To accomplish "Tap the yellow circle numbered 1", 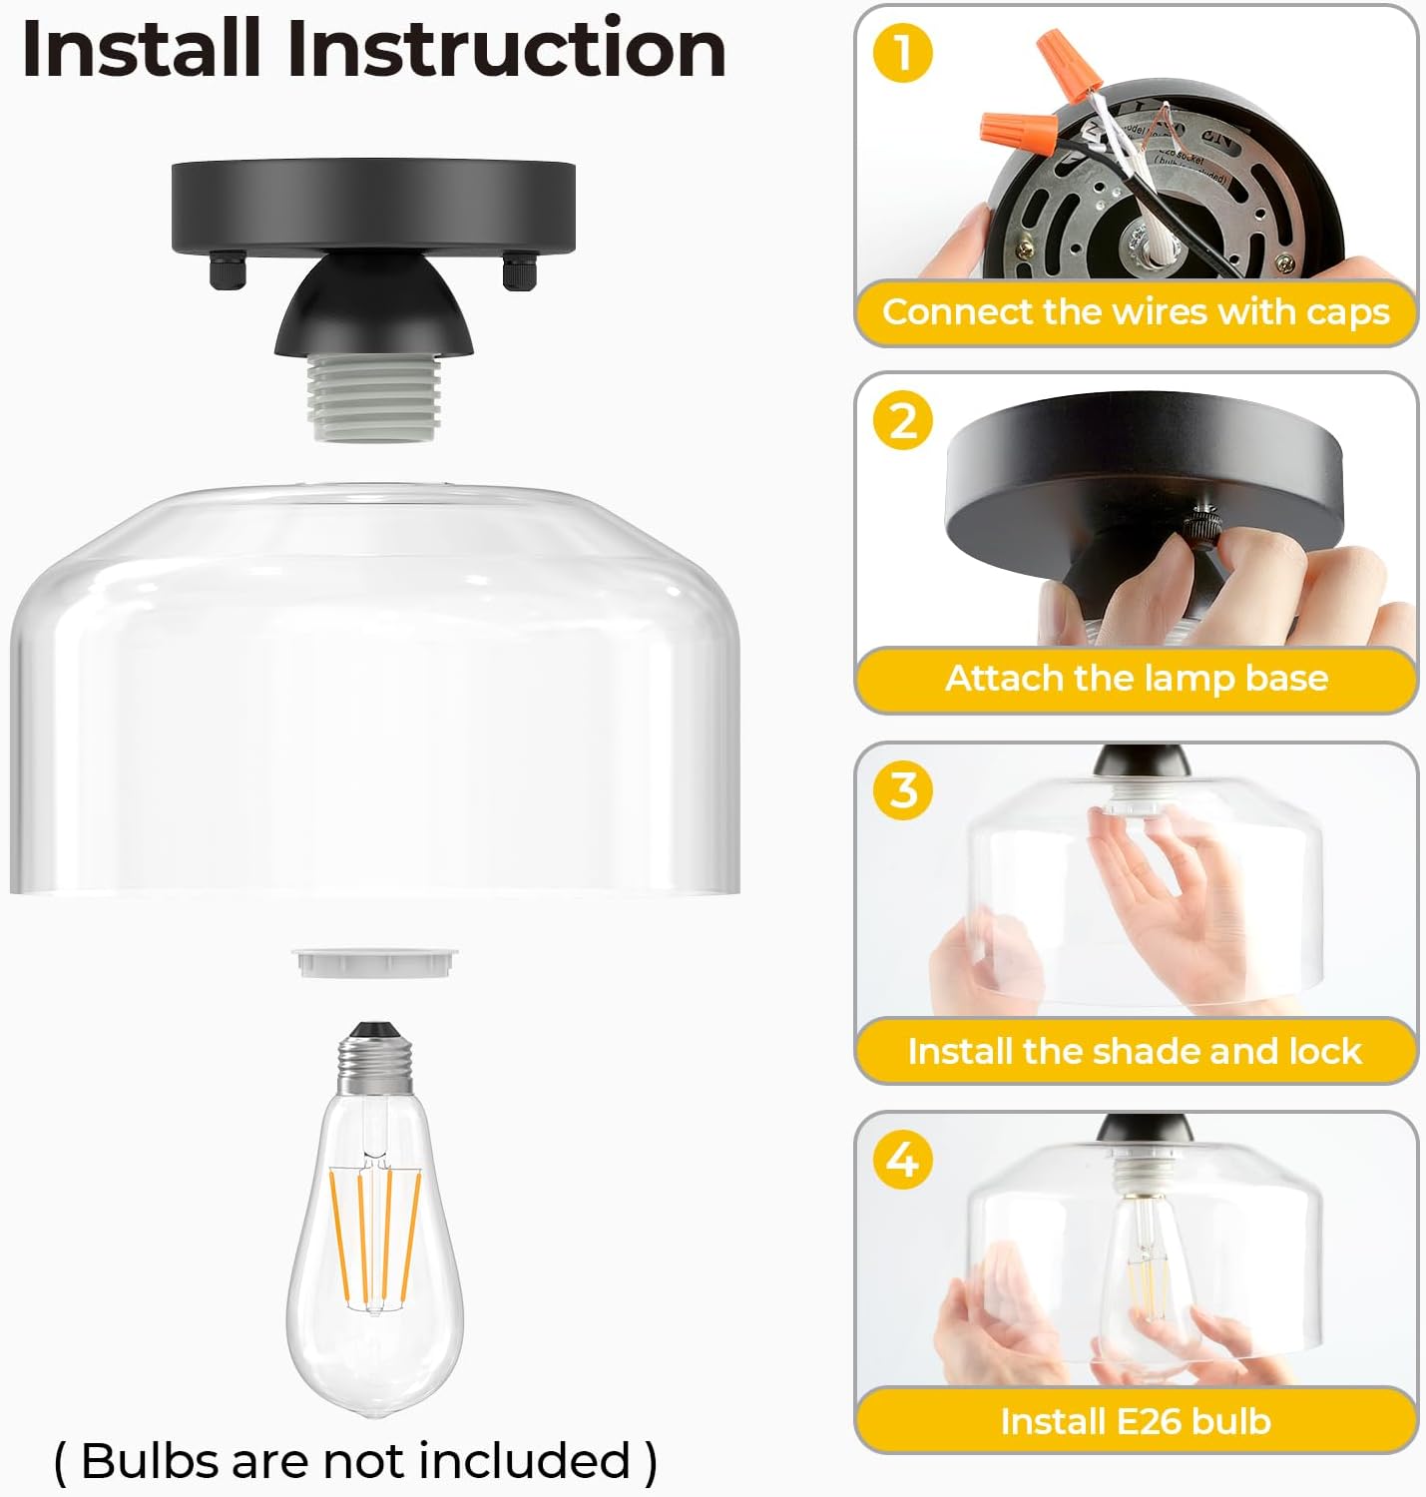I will [x=902, y=53].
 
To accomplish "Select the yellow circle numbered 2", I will [x=902, y=420].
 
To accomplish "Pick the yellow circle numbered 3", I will [x=902, y=789].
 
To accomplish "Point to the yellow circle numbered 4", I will [x=902, y=1160].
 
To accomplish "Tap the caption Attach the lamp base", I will [x=1136, y=679].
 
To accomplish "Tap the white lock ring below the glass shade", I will [x=375, y=963].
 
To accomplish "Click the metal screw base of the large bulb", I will [x=376, y=1063].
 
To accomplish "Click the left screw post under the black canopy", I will [x=225, y=272].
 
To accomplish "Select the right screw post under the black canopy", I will [x=518, y=272].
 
